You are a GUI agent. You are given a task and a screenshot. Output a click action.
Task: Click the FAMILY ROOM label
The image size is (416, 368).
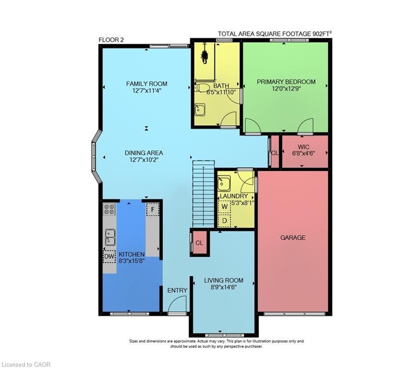tap(146, 83)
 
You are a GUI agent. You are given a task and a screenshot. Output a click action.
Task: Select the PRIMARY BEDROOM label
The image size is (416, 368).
tap(286, 81)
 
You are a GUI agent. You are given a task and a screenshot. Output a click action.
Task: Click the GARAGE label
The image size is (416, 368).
tap(293, 238)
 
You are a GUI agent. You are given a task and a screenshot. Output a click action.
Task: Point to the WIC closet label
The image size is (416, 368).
tap(303, 146)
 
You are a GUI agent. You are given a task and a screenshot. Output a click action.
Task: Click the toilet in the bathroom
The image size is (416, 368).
tap(201, 88)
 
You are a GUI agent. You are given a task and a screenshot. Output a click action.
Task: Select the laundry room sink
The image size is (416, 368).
tap(224, 183)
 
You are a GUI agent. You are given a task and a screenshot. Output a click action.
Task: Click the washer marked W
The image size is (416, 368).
tap(224, 207)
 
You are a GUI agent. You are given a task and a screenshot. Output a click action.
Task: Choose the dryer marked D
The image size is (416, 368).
tap(224, 220)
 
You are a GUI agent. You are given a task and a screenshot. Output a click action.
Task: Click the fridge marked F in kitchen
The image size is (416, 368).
tap(153, 209)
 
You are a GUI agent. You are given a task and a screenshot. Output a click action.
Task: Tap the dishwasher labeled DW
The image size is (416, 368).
tap(109, 256)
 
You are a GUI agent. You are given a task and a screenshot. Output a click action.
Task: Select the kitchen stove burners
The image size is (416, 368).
tap(109, 209)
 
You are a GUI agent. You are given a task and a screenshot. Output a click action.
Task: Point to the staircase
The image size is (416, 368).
tap(203, 194)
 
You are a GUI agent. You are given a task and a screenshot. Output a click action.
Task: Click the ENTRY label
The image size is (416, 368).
tap(177, 290)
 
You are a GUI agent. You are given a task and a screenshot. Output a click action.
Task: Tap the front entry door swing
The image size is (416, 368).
tap(178, 304)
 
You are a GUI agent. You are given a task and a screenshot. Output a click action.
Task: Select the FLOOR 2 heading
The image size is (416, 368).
tap(111, 40)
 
